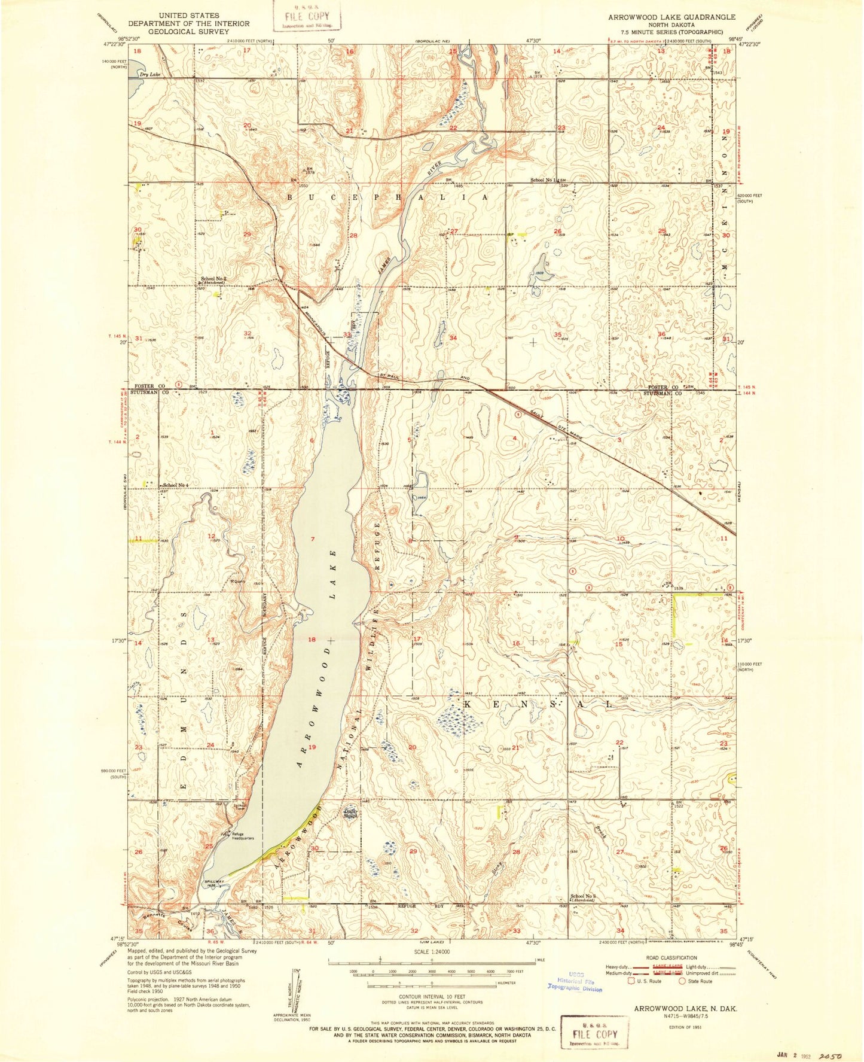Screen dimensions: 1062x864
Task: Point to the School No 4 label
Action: [x=176, y=485]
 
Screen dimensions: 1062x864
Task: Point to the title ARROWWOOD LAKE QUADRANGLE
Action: [x=672, y=17]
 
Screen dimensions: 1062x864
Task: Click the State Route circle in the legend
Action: [x=681, y=981]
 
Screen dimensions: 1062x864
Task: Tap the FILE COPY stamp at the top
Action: [x=307, y=16]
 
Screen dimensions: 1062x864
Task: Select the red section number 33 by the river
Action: [x=347, y=334]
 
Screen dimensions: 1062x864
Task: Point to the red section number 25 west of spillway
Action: [x=209, y=846]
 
